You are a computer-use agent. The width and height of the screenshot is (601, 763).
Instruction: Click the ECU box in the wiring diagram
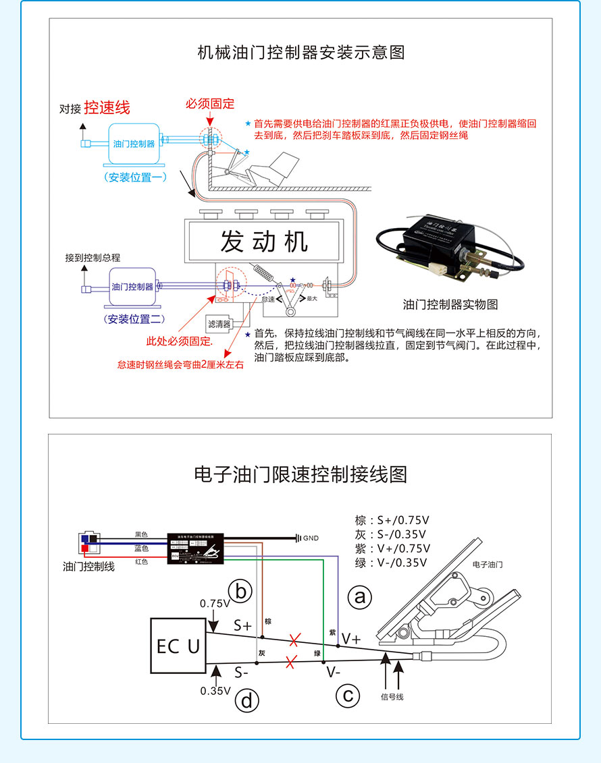(178, 646)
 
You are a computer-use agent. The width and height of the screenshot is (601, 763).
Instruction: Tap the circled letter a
(359, 596)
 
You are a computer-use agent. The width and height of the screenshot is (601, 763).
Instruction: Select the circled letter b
(240, 591)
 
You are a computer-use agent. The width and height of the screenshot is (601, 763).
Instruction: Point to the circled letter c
(348, 695)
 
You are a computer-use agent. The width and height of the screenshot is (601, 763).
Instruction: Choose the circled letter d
(246, 701)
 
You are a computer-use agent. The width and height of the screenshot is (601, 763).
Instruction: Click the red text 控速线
(107, 107)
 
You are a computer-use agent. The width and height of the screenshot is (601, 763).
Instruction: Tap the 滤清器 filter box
(219, 324)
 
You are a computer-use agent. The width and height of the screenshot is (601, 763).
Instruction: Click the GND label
(311, 538)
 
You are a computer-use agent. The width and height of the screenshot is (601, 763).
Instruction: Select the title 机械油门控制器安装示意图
(300, 52)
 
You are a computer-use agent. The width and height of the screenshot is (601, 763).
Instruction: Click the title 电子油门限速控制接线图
(300, 474)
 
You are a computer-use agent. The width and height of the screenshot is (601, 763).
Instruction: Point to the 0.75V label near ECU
(215, 603)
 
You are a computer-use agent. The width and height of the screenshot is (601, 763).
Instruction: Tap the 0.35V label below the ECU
(215, 691)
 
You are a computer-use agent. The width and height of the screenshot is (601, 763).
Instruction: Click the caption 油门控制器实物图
(450, 305)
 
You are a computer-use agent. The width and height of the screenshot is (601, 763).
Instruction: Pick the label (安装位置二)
(135, 319)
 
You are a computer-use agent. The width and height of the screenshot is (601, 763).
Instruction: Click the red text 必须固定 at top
(210, 103)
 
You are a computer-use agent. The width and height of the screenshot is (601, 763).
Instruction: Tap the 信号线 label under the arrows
(392, 697)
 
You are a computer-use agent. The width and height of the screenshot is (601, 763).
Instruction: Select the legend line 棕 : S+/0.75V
(392, 520)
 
